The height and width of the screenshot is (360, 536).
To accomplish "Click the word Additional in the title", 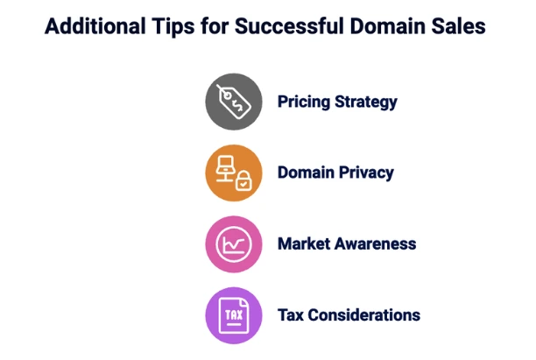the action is pyautogui.click(x=95, y=26).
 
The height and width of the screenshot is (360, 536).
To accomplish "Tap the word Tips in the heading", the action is pyautogui.click(x=173, y=26).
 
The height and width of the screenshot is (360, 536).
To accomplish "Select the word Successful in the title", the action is pyautogui.click(x=289, y=26).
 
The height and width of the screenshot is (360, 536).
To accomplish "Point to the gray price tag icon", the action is pyautogui.click(x=234, y=102).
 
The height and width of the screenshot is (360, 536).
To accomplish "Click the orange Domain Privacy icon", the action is pyautogui.click(x=234, y=173).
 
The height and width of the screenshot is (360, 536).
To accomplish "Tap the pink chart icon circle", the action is pyautogui.click(x=234, y=244).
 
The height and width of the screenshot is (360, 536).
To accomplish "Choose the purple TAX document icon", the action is pyautogui.click(x=234, y=315).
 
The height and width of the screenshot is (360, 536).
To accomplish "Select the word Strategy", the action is pyautogui.click(x=366, y=102).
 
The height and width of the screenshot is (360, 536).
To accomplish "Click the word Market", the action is pyautogui.click(x=304, y=244).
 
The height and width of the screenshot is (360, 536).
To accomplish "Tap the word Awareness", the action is pyautogui.click(x=376, y=244).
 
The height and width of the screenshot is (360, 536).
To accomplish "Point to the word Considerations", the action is pyautogui.click(x=364, y=315).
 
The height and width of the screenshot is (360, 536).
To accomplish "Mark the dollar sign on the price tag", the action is pyautogui.click(x=237, y=104).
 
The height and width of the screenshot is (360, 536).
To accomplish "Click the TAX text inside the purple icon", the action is pyautogui.click(x=234, y=314).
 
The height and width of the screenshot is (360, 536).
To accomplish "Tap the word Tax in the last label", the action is pyautogui.click(x=291, y=315).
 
